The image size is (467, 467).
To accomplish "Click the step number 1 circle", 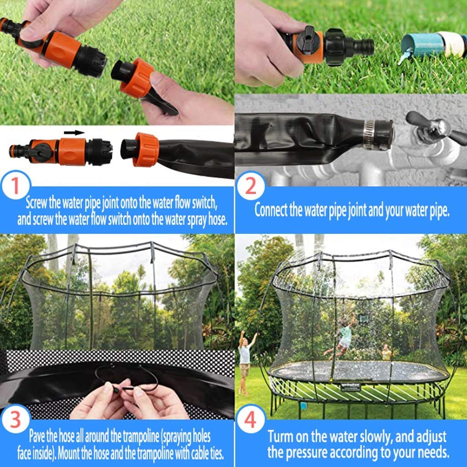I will [x=16, y=187].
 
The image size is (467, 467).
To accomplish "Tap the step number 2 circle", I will [x=251, y=187].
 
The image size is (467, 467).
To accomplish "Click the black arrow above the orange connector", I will [x=74, y=133].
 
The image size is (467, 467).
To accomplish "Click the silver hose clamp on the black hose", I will [x=374, y=135].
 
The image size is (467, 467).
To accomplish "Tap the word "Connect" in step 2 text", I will [x=271, y=210].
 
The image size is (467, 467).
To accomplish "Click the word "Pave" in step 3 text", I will [x=38, y=436].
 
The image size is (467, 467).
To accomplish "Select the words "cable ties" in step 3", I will [x=205, y=453].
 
